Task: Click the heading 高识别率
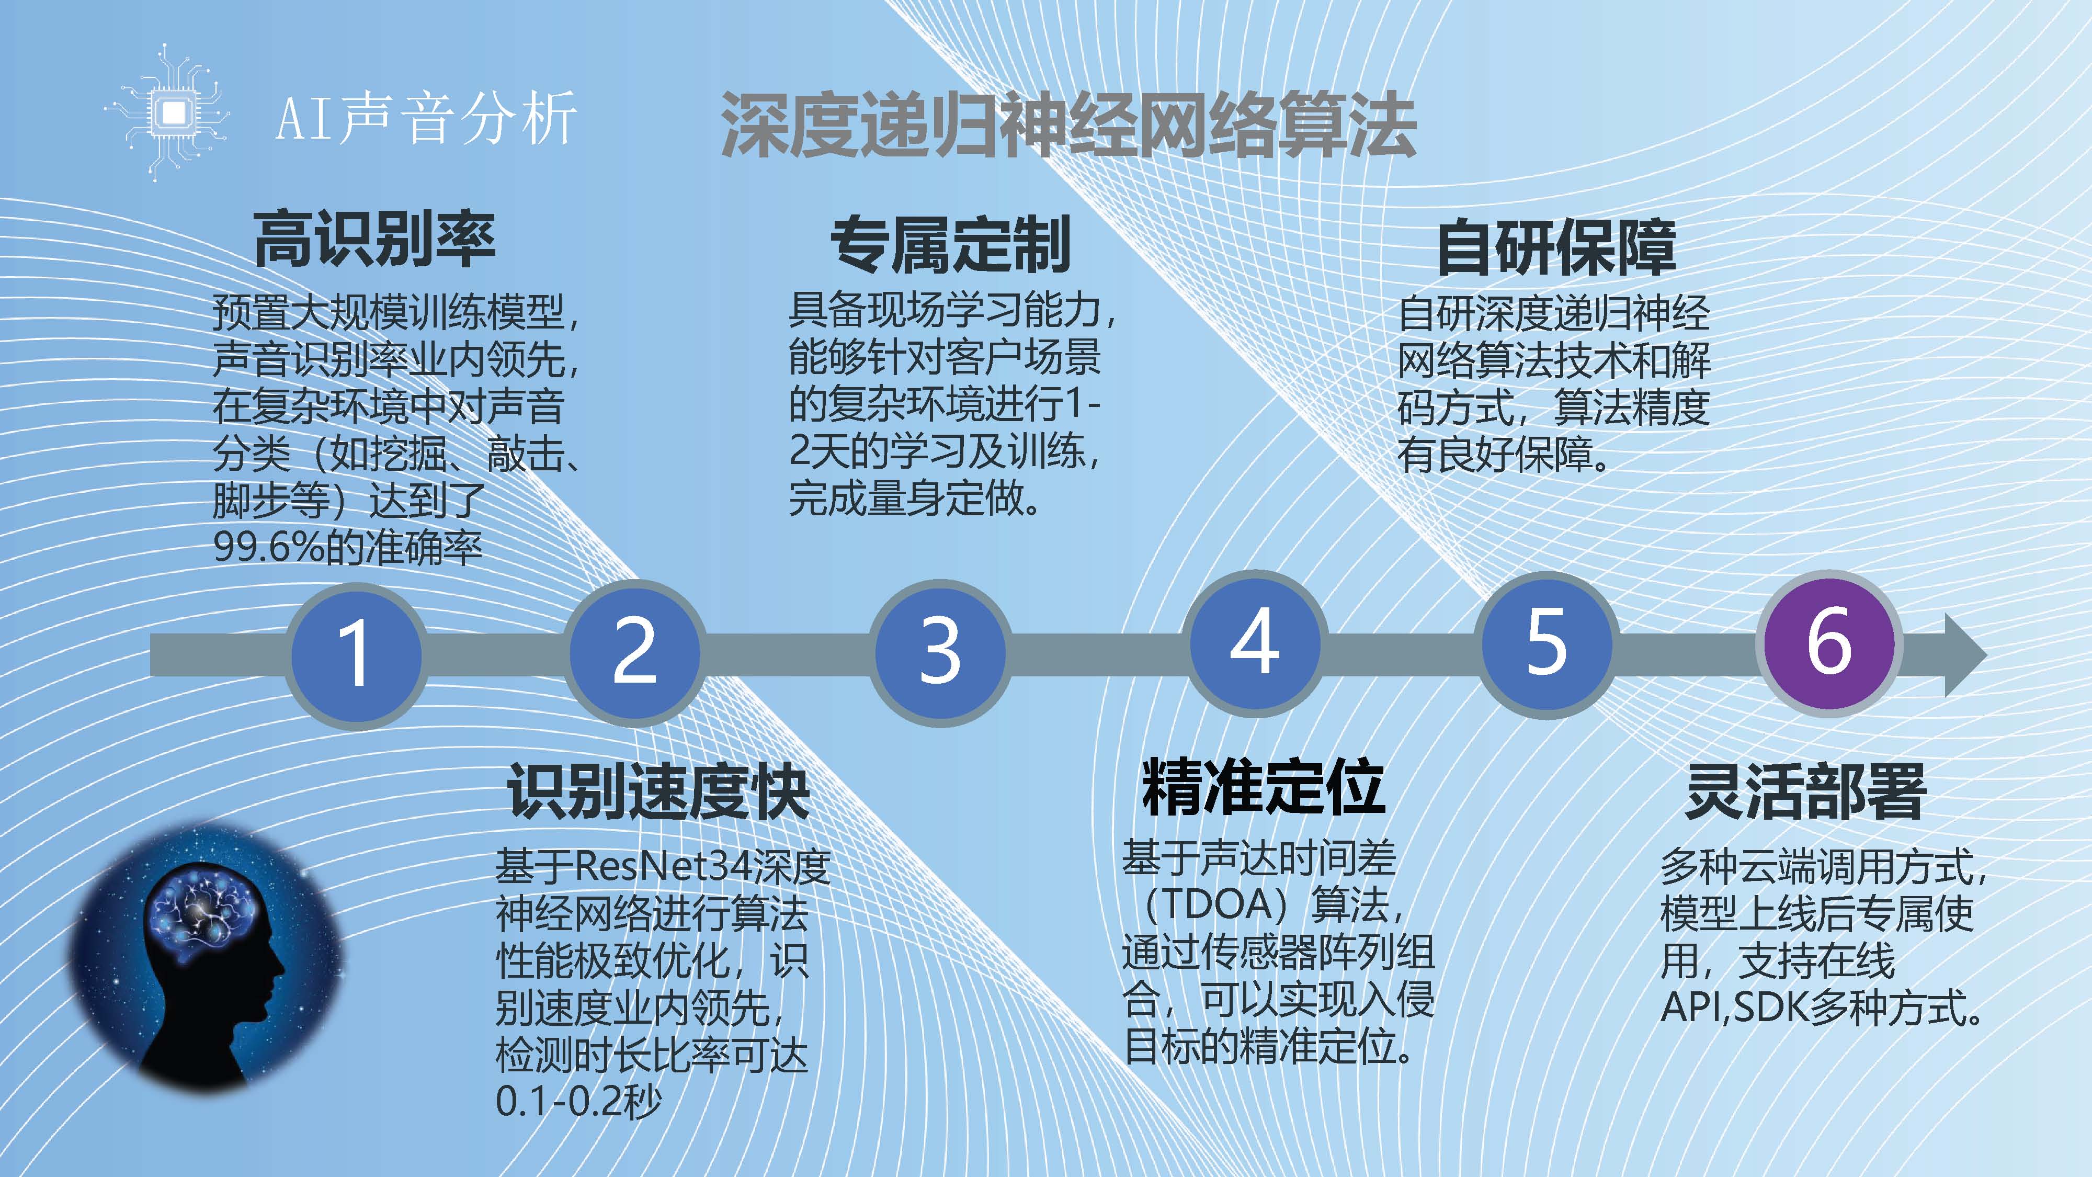point(374,239)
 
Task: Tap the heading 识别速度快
point(658,791)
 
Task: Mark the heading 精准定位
point(1264,786)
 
